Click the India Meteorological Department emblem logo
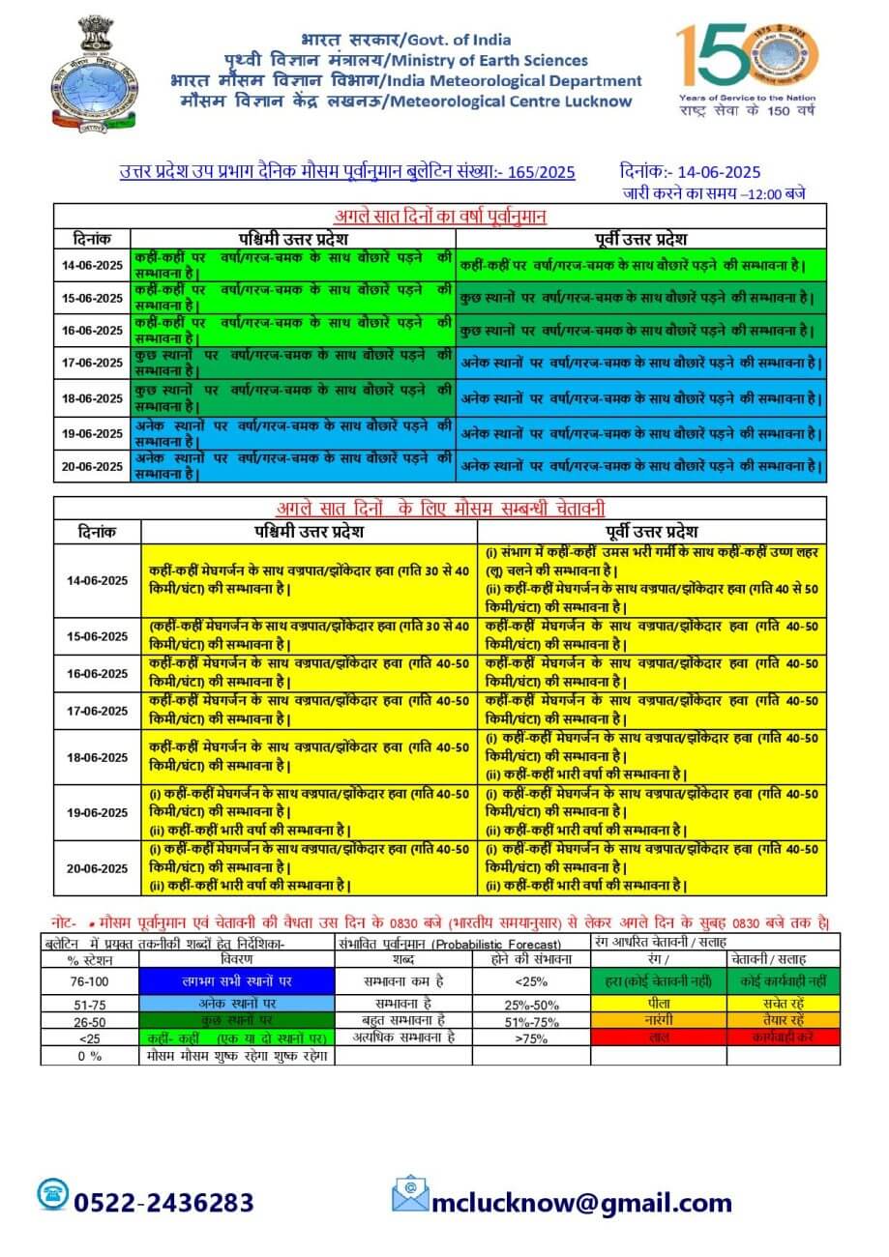(x=93, y=73)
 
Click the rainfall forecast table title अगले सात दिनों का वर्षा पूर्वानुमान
(x=439, y=216)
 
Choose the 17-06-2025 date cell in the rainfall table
(x=92, y=363)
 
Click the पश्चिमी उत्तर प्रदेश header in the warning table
(x=309, y=532)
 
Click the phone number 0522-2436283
(x=163, y=1202)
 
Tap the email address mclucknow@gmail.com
(x=581, y=1202)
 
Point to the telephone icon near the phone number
(x=53, y=1194)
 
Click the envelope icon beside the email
(x=410, y=1194)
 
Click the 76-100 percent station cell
(x=90, y=980)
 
